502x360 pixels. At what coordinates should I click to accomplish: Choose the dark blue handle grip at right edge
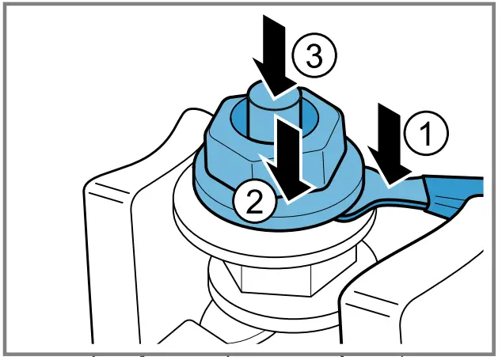(x=455, y=194)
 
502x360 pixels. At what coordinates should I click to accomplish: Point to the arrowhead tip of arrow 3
(x=274, y=99)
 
